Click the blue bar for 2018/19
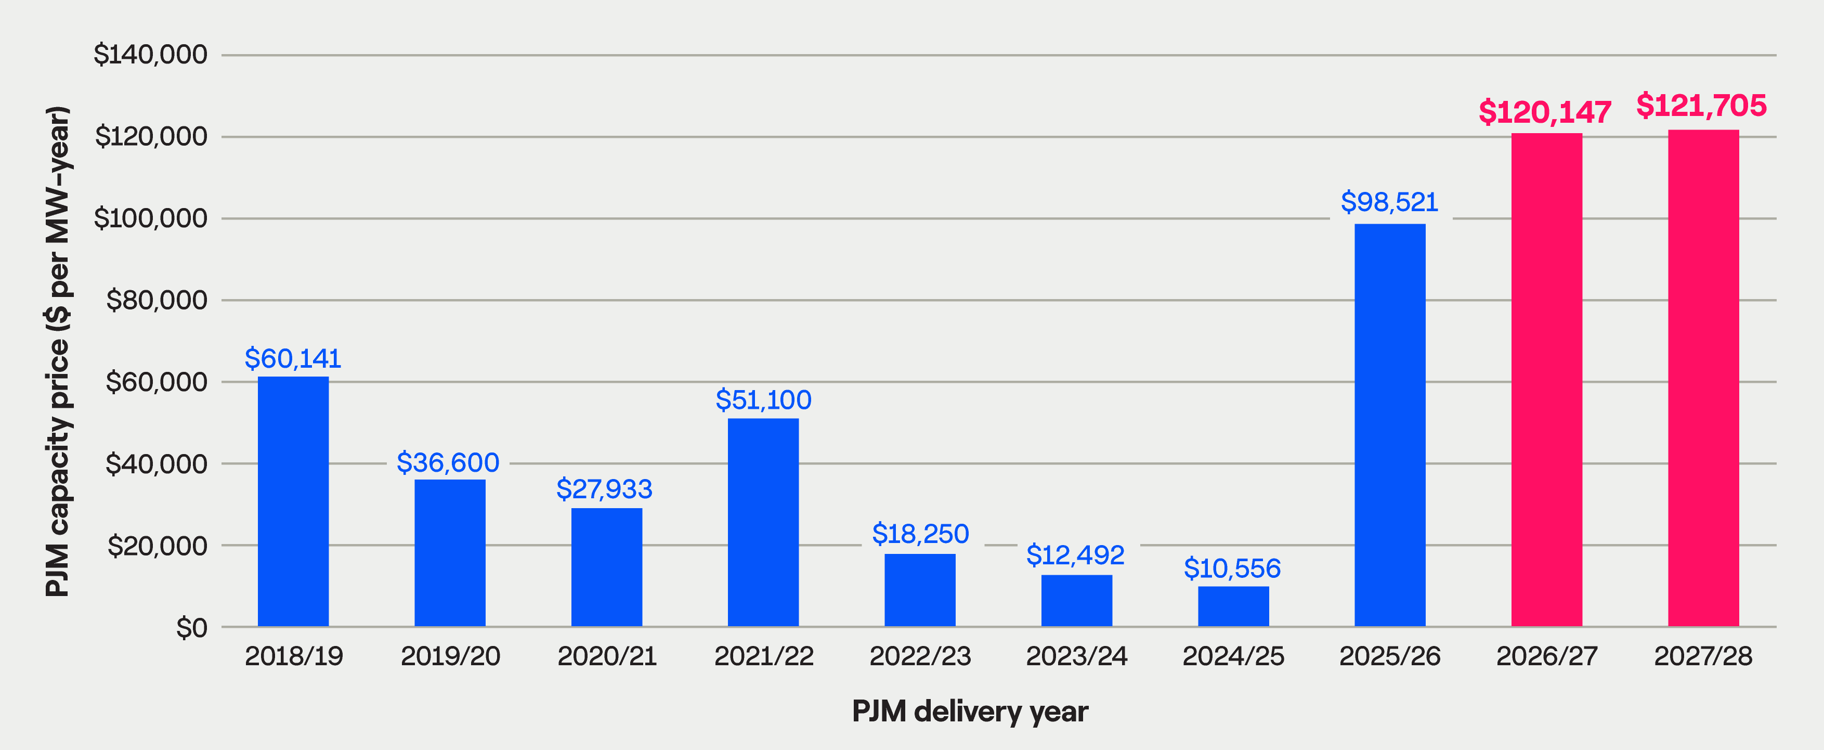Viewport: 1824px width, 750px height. coord(293,501)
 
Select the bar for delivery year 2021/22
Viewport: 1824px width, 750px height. coord(763,523)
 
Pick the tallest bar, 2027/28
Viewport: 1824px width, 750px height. coord(1703,378)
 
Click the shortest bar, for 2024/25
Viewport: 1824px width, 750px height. coord(1233,606)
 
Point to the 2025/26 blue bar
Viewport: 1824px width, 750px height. coord(1390,425)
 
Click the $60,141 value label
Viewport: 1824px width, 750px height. coord(293,359)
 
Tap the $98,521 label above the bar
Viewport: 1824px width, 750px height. coord(1389,202)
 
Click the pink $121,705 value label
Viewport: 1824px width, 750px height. coord(1701,106)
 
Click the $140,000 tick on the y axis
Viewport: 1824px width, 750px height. coord(150,55)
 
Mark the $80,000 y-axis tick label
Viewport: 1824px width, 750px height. coord(157,300)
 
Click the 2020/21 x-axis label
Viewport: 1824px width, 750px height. coord(607,656)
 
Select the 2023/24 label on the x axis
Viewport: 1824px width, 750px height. coord(1076,656)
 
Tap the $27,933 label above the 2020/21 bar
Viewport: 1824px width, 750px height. coord(604,489)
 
